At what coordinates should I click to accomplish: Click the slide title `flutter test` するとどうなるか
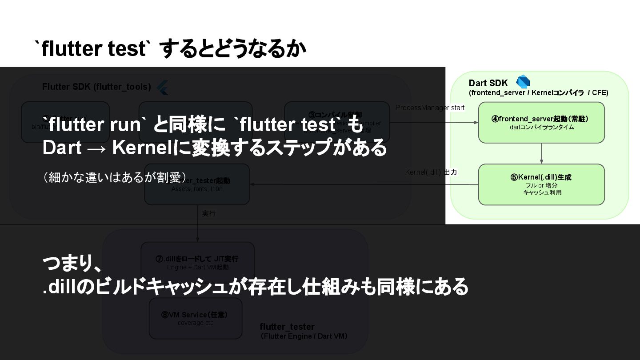pyautogui.click(x=171, y=49)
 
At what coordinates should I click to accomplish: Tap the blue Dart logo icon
pyautogui.click(x=523, y=82)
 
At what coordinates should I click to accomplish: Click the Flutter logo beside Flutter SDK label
pyautogui.click(x=162, y=88)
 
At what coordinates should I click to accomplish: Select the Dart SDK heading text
pyautogui.click(x=488, y=83)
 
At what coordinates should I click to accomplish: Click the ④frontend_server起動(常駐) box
pyautogui.click(x=541, y=123)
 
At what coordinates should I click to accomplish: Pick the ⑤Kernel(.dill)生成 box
pyautogui.click(x=541, y=184)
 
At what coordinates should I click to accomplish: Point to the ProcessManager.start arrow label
pyautogui.click(x=430, y=108)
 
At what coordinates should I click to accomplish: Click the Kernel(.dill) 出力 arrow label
pyautogui.click(x=431, y=172)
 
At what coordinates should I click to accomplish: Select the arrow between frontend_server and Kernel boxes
pyautogui.click(x=541, y=153)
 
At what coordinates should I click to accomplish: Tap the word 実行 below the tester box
pyautogui.click(x=209, y=213)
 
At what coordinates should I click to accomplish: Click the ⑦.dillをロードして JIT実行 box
pyautogui.click(x=197, y=262)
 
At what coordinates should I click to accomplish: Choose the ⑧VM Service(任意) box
pyautogui.click(x=195, y=318)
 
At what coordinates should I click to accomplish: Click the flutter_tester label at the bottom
pyautogui.click(x=287, y=327)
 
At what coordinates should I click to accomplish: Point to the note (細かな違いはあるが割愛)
pyautogui.click(x=114, y=177)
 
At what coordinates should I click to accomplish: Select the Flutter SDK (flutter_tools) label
pyautogui.click(x=96, y=87)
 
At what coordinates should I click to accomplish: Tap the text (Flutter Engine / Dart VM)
pyautogui.click(x=304, y=336)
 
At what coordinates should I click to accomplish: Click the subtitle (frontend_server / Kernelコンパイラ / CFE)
pyautogui.click(x=538, y=93)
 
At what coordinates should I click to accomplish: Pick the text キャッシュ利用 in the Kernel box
pyautogui.click(x=542, y=192)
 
